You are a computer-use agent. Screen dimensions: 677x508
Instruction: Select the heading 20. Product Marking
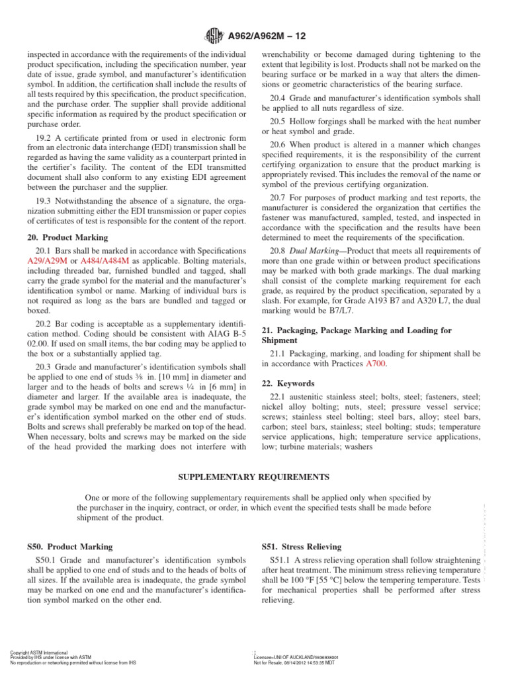point(68,237)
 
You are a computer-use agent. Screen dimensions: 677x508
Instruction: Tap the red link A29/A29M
point(48,262)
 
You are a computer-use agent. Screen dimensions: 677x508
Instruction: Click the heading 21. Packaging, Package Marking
point(357,329)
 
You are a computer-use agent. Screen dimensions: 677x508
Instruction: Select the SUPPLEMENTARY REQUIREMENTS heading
point(254,476)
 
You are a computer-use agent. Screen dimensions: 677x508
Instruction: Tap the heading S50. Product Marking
point(70,547)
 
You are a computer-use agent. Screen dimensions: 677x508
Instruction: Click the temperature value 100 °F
point(306,580)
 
